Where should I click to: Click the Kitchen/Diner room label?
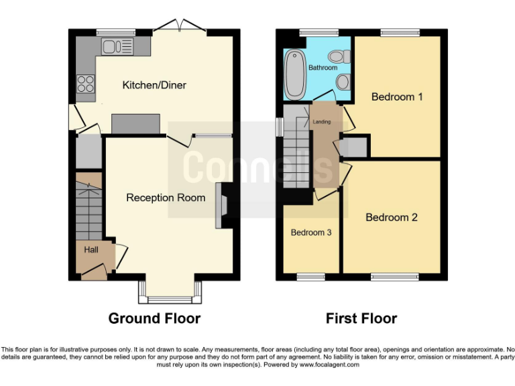coord(154,85)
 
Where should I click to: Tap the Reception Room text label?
coord(166,198)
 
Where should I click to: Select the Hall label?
coord(91,249)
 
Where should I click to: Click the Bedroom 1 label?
coord(397,97)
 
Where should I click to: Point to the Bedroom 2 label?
coord(392,218)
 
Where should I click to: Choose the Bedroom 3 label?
coord(310,233)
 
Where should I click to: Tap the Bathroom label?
coord(323,68)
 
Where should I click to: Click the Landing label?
coord(322,122)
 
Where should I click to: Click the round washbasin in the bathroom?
coord(343,82)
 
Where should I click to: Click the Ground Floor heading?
coord(154,318)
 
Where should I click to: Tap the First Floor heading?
coord(361,318)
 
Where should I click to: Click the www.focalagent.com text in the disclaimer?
coord(329,365)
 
